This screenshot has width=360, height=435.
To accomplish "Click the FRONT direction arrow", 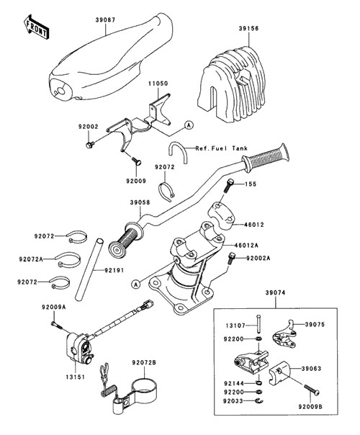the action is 36,27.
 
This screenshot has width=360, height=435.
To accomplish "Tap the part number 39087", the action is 105,20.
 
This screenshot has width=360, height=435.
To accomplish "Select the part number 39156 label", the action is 248,28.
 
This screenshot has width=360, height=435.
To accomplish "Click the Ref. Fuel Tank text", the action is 221,148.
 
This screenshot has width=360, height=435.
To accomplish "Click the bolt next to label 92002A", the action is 230,258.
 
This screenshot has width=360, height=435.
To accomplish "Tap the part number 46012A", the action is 246,246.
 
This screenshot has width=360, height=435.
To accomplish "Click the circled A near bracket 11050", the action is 189,125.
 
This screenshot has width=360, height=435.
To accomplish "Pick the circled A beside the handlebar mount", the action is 135,284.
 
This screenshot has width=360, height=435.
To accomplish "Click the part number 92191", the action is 114,270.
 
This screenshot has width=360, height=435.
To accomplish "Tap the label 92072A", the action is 31,259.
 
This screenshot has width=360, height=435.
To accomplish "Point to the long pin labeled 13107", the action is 258,323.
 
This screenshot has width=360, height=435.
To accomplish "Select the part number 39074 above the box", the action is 275,292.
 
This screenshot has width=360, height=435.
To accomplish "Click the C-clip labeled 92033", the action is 260,400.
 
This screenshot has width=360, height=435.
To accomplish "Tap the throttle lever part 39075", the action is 284,333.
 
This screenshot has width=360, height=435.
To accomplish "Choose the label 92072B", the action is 144,362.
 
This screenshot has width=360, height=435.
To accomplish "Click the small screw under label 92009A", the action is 55,325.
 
